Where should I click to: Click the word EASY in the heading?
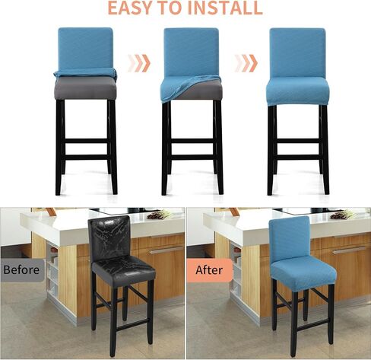pyautogui.click(x=134, y=8)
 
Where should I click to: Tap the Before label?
pyautogui.click(x=21, y=269)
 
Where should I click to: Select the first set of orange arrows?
pyautogui.click(x=138, y=62)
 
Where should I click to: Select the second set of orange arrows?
pyautogui.click(x=245, y=62)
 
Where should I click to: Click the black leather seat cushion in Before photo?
pyautogui.click(x=123, y=272)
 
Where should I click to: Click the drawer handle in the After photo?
pyautogui.click(x=349, y=249)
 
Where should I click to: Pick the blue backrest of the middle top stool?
pyautogui.click(x=191, y=49)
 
